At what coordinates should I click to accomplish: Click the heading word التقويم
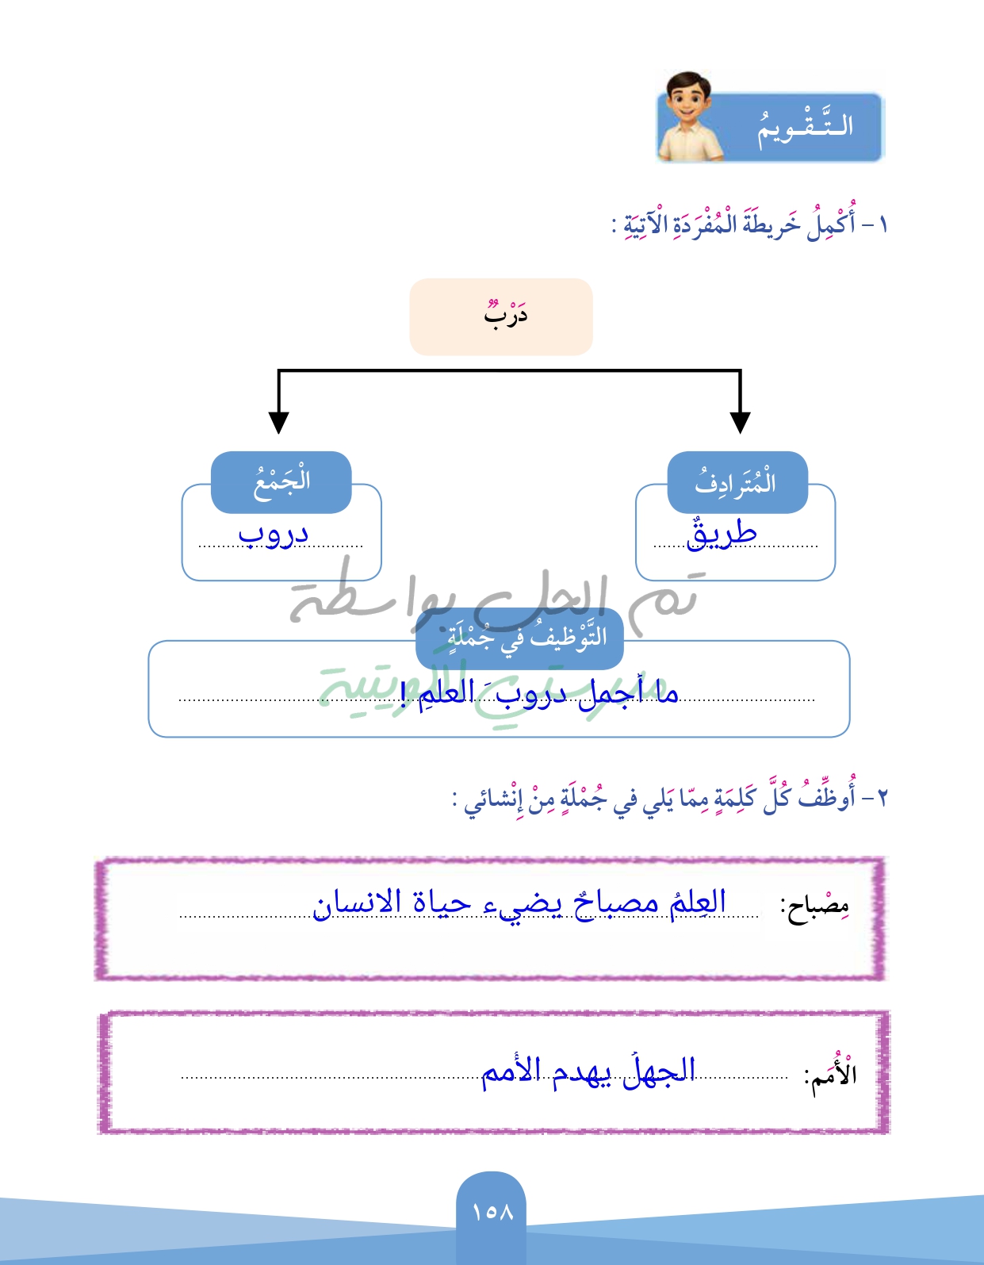pyautogui.click(x=804, y=127)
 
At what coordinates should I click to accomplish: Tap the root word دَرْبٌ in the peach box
pyautogui.click(x=505, y=316)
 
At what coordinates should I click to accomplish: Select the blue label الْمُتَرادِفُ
pyautogui.click(x=737, y=482)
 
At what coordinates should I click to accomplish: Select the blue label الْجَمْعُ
pyautogui.click(x=281, y=482)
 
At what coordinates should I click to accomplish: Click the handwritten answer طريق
pyautogui.click(x=722, y=535)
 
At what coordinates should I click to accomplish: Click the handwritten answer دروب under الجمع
pyautogui.click(x=274, y=535)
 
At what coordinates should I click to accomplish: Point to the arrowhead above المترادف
pyautogui.click(x=740, y=422)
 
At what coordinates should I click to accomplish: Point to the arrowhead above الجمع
pyautogui.click(x=278, y=422)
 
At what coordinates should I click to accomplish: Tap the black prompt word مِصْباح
pyautogui.click(x=815, y=906)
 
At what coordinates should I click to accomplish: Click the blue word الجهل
pyautogui.click(x=659, y=1072)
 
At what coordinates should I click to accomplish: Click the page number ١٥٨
pyautogui.click(x=492, y=1212)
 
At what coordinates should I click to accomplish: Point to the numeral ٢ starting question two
pyautogui.click(x=880, y=797)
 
